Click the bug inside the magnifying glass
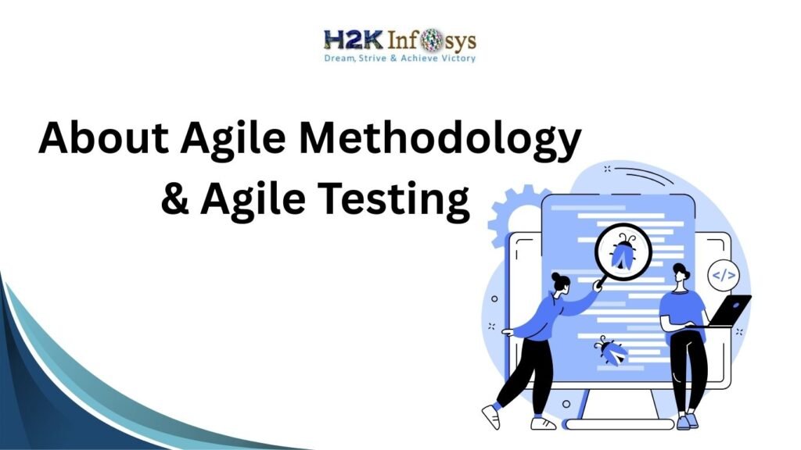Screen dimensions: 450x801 pyautogui.click(x=622, y=255)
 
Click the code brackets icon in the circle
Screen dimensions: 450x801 pyautogui.click(x=724, y=275)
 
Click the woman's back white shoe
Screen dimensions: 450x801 pyautogui.click(x=490, y=415)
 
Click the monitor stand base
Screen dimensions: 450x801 pyautogui.click(x=618, y=423)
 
